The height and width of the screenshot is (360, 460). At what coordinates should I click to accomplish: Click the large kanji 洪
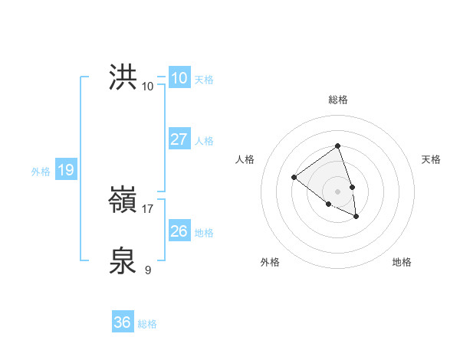123,78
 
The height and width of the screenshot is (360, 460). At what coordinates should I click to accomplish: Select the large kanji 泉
123,261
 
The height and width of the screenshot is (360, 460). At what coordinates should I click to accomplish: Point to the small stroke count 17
148,208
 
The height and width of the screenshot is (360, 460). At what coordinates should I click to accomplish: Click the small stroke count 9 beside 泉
147,270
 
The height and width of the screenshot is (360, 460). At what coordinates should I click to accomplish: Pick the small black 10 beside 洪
148,86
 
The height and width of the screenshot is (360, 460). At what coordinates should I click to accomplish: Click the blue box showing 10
179,78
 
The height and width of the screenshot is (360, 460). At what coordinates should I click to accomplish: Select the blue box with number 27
179,139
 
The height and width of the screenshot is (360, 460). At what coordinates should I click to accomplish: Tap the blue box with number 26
179,231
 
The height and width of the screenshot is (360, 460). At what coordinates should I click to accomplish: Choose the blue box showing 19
65,170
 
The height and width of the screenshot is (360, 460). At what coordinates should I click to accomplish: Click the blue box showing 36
123,322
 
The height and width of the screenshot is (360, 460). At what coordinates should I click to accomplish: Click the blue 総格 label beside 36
147,324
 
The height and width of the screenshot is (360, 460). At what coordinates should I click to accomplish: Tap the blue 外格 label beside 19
41,172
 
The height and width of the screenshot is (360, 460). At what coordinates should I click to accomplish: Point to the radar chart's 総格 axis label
337,100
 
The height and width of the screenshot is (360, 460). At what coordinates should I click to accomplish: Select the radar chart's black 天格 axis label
431,159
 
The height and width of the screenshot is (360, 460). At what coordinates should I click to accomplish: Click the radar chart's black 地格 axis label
402,262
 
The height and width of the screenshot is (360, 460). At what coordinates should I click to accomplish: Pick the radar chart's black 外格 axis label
270,262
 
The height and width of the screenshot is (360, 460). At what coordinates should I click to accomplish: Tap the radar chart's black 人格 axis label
245,159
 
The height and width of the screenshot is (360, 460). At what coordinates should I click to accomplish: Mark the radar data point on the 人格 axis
294,178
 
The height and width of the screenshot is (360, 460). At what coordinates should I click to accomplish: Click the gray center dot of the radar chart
337,191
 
